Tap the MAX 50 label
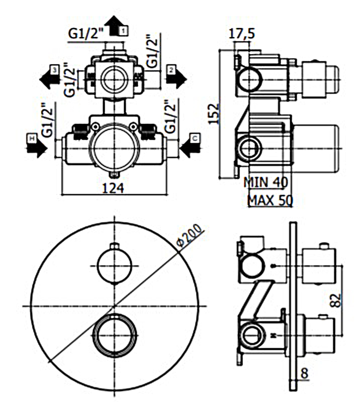click(269, 200)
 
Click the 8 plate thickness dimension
click(303, 374)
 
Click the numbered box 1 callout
click(124, 31)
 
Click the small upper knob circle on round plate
click(115, 265)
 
